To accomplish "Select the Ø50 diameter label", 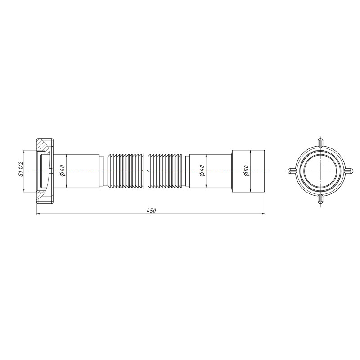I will tap(246, 171).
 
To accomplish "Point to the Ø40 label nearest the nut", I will tap(63, 171).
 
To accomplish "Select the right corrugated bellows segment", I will tap(166, 171).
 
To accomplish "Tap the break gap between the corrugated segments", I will tap(146, 171).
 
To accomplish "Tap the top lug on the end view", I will tap(320, 142).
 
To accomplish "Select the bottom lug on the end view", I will tap(320, 201).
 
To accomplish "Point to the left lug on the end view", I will tap(291, 171).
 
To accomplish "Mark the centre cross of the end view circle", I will tap(320, 171).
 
